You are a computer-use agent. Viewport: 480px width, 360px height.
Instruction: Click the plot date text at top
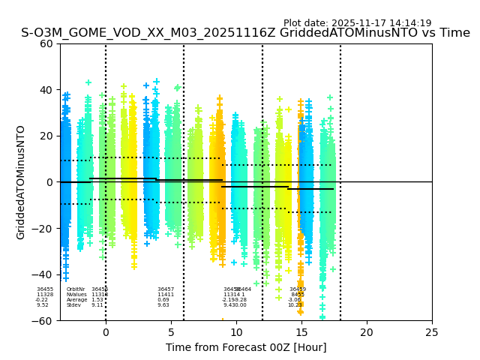point(357,23)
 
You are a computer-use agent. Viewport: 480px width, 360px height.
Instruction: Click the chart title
point(245,33)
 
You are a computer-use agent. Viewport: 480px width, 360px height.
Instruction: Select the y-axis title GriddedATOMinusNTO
point(21,182)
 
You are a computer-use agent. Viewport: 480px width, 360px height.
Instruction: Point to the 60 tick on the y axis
point(47,43)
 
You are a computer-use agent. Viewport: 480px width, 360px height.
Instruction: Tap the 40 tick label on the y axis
point(47,90)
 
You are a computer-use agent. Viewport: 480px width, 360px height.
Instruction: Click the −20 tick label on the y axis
point(43,229)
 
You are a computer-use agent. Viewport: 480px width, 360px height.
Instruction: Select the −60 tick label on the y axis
point(43,321)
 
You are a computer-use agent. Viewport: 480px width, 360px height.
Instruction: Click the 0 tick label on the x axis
point(106,331)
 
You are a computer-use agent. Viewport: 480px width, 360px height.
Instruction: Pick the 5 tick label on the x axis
point(171,331)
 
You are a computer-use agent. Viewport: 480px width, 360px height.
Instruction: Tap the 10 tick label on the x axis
point(236,331)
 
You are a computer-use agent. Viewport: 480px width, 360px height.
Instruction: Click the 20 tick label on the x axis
point(367,331)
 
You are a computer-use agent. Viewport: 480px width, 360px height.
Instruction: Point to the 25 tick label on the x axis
point(432,331)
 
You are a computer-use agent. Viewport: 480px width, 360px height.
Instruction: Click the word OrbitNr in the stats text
point(75,289)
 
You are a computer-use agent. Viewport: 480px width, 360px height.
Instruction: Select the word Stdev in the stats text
point(73,305)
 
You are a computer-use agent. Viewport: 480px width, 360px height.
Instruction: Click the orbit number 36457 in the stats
point(166,289)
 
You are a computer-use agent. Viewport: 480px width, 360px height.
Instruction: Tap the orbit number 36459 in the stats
point(298,289)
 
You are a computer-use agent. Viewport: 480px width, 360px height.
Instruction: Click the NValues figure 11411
point(166,295)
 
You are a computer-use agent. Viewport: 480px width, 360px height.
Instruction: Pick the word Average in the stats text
point(76,300)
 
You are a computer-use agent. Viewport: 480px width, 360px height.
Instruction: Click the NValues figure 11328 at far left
point(45,295)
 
